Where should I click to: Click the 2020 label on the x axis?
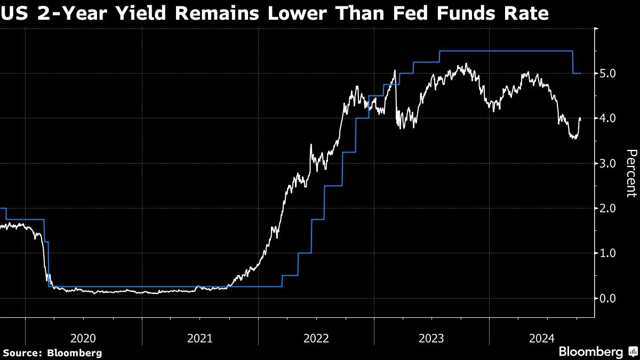83,338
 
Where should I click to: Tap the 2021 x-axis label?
199,338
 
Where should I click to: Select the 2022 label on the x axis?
316,338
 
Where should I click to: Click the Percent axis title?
631,173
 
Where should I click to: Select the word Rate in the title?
525,13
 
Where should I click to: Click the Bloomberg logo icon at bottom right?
633,352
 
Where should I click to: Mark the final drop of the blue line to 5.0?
573,62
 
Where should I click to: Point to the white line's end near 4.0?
580,118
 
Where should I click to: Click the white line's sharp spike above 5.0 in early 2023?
395,70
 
